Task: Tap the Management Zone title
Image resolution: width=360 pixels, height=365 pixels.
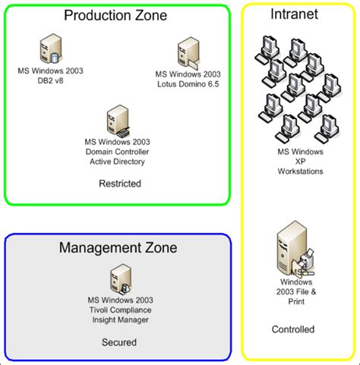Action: pos(118,247)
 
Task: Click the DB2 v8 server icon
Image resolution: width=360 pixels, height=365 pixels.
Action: pos(50,49)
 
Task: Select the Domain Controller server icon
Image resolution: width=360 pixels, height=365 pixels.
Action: pos(117,120)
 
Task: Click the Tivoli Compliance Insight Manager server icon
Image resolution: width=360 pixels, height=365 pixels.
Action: pos(118,278)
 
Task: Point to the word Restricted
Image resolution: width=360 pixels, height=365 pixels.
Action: pos(120,184)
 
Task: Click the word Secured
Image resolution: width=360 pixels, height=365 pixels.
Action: pos(118,342)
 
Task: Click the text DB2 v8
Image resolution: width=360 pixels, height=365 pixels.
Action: pos(50,81)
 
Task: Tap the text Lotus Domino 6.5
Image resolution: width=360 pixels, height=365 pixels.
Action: pos(187,83)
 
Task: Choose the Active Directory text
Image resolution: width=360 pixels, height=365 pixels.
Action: pos(118,161)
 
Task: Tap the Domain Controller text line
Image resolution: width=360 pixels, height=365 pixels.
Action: pos(118,151)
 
